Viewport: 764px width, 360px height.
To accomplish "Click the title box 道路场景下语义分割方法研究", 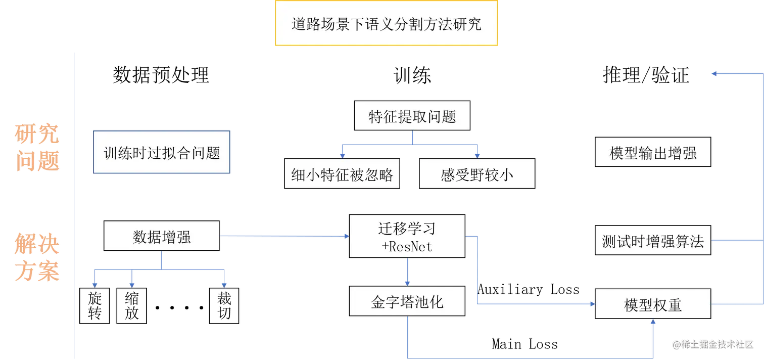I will point(386,24).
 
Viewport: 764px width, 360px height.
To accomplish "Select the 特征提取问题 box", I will point(412,117).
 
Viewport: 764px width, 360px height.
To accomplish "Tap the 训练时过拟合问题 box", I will point(162,153).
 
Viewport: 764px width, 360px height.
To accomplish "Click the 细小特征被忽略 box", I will point(343,174).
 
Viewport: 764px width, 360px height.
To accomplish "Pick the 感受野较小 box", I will point(477,174).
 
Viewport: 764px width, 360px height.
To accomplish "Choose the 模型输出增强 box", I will point(652,153).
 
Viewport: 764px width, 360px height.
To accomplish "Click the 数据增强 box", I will point(162,236).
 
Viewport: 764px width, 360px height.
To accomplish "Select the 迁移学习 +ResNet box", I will point(407,236).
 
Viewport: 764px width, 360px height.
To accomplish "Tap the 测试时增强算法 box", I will point(652,241).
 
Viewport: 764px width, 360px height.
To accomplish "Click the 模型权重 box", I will point(652,304).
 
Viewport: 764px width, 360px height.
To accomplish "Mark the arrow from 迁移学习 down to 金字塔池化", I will point(407,273).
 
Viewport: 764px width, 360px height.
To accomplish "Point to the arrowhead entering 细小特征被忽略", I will point(342,154).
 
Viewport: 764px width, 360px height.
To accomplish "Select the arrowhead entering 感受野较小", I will point(476,154).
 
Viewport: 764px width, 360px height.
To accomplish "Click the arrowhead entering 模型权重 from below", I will point(652,324).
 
